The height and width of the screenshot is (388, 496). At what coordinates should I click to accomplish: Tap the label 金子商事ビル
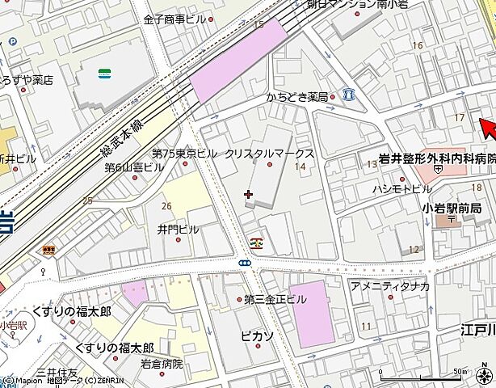(x=175, y=19)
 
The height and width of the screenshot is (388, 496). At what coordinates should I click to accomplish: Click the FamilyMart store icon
(x=104, y=74)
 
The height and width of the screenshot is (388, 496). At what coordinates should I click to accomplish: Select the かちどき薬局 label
(x=296, y=98)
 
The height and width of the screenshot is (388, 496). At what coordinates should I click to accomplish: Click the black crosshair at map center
(x=247, y=194)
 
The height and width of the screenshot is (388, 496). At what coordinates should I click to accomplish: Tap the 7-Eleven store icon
(x=256, y=241)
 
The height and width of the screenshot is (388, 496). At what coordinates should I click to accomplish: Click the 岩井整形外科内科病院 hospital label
(x=437, y=158)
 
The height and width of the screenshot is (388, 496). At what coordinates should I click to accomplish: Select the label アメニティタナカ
(x=389, y=285)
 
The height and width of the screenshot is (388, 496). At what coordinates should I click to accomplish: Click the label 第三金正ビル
(x=275, y=299)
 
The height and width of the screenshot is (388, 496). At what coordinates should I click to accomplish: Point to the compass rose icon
(x=484, y=374)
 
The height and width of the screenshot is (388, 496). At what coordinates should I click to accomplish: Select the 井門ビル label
(x=178, y=229)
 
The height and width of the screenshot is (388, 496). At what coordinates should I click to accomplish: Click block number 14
(x=301, y=167)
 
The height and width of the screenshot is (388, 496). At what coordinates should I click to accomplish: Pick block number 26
(x=166, y=205)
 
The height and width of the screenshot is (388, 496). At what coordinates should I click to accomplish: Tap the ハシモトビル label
(x=401, y=188)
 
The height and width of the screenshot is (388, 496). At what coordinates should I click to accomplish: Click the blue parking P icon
(x=348, y=95)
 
